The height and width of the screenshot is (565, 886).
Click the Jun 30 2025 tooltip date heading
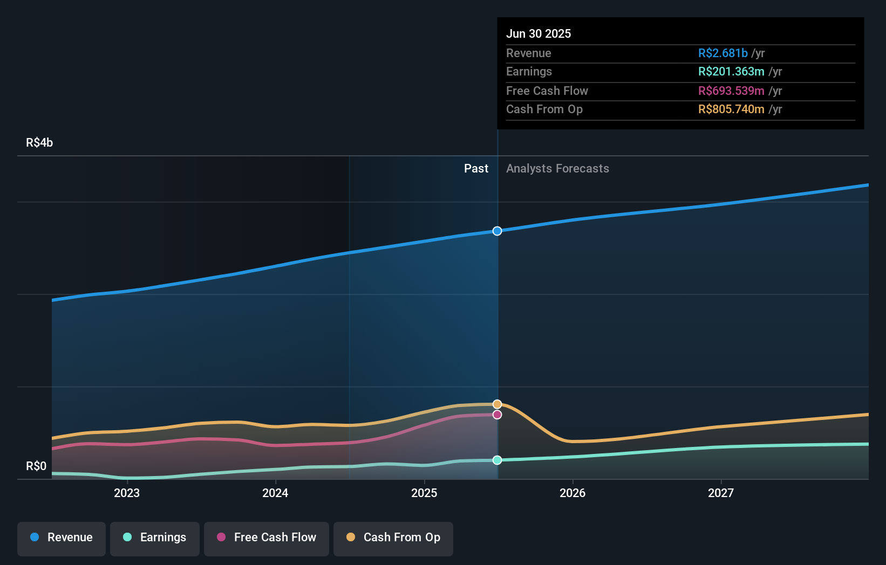(538, 33)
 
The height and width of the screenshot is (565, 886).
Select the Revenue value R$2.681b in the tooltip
(723, 53)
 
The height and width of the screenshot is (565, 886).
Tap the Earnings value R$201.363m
(731, 71)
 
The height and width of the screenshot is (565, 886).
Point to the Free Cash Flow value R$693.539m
(731, 91)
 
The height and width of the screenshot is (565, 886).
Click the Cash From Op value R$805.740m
(731, 109)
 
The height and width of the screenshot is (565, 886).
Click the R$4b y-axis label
(39, 142)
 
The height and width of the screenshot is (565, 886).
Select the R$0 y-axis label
(36, 466)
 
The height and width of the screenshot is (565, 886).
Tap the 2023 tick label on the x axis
(127, 493)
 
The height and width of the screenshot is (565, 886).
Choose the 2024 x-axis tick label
(275, 493)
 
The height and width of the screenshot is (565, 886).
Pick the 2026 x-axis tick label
(573, 493)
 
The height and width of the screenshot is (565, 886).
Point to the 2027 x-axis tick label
(721, 493)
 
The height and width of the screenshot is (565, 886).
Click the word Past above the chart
(476, 168)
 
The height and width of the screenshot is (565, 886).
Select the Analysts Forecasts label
(557, 168)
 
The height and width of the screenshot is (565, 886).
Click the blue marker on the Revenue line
(497, 231)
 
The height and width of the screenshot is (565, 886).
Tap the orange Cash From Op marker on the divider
(497, 404)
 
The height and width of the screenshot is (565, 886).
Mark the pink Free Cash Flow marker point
(497, 415)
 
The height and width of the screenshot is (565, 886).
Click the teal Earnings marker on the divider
(497, 460)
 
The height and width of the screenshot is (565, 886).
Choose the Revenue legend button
(62, 538)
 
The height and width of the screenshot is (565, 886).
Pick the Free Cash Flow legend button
(267, 538)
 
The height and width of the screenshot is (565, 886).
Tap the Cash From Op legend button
(393, 538)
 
